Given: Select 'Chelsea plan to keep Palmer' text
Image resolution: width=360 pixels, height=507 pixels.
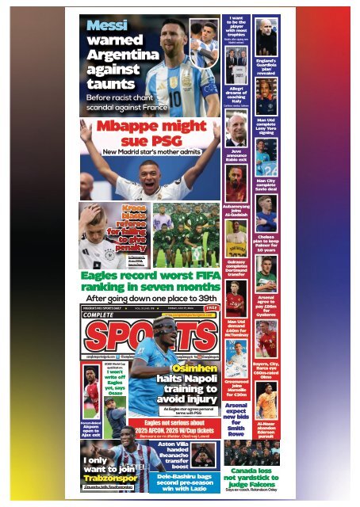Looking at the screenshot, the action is tap(266, 243).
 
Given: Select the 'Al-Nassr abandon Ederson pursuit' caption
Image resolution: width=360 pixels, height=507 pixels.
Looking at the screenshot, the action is tap(266, 429).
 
